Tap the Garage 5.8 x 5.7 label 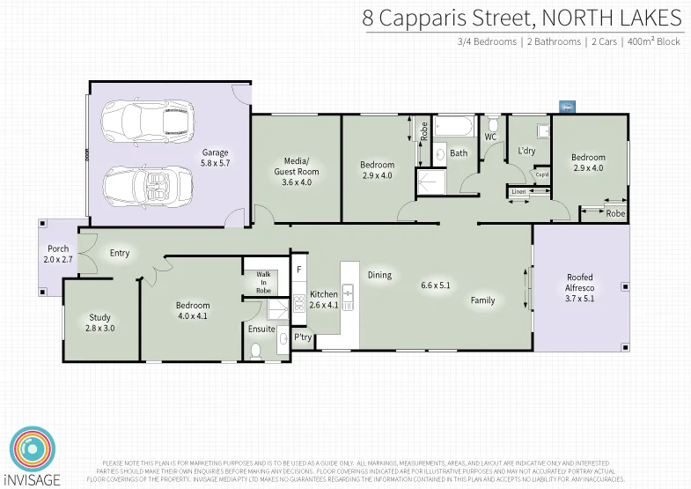(x=215, y=158)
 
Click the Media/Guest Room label (x=296, y=171)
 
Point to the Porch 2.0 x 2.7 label (x=57, y=255)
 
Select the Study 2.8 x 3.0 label (x=101, y=322)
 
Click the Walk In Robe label (x=263, y=282)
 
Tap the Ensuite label (x=261, y=330)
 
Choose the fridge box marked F (x=299, y=269)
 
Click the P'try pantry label (x=303, y=337)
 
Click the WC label (x=491, y=137)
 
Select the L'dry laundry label (x=526, y=151)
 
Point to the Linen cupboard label (x=518, y=191)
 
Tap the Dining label (x=379, y=275)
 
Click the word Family (x=482, y=300)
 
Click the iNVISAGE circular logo (x=33, y=448)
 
